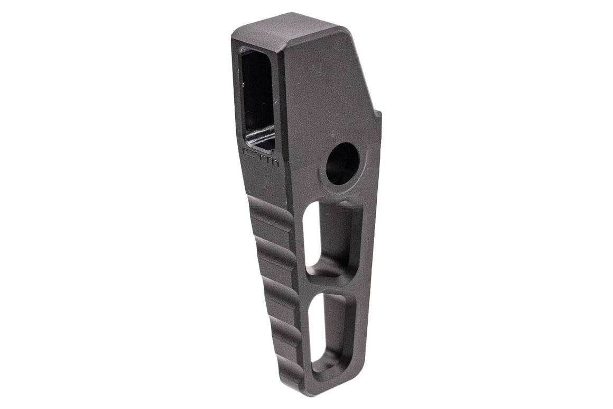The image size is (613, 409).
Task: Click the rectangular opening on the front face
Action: [257, 98]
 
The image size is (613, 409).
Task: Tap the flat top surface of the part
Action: [288, 32]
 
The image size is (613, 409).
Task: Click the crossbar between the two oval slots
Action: [328, 283]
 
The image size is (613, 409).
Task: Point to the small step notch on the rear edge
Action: [378, 113]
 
